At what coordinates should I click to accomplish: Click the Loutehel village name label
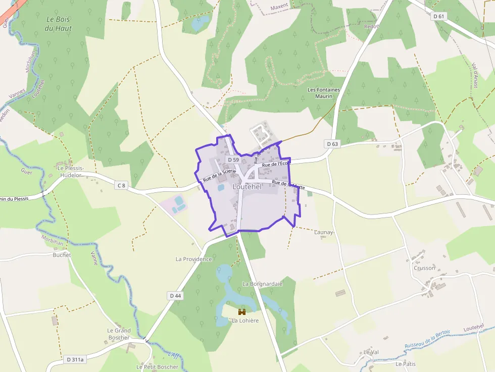(x=247, y=187)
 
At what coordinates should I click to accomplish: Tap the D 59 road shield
(x=233, y=160)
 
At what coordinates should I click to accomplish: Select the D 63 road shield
(x=332, y=144)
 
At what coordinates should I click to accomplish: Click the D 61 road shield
(x=439, y=16)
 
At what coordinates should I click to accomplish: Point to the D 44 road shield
(x=175, y=295)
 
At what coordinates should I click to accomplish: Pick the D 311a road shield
(x=75, y=359)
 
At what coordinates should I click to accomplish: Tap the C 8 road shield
(x=121, y=185)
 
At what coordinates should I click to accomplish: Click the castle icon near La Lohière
(x=241, y=312)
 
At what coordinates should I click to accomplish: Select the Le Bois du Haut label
(x=58, y=24)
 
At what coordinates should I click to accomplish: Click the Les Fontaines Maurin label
(x=324, y=93)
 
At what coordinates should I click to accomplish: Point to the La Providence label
(x=193, y=259)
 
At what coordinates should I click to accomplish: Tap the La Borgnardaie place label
(x=262, y=284)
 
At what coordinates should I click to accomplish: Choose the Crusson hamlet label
(x=424, y=268)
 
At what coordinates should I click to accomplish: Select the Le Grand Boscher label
(x=119, y=334)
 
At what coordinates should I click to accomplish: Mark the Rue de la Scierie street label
(x=220, y=175)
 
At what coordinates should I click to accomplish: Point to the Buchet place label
(x=62, y=255)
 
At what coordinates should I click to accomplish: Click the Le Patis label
(x=406, y=363)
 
